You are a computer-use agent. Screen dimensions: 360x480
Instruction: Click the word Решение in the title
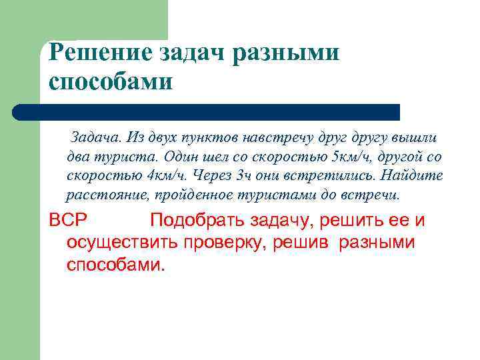click(x=93, y=53)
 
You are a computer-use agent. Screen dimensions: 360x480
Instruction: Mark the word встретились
click(x=327, y=177)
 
